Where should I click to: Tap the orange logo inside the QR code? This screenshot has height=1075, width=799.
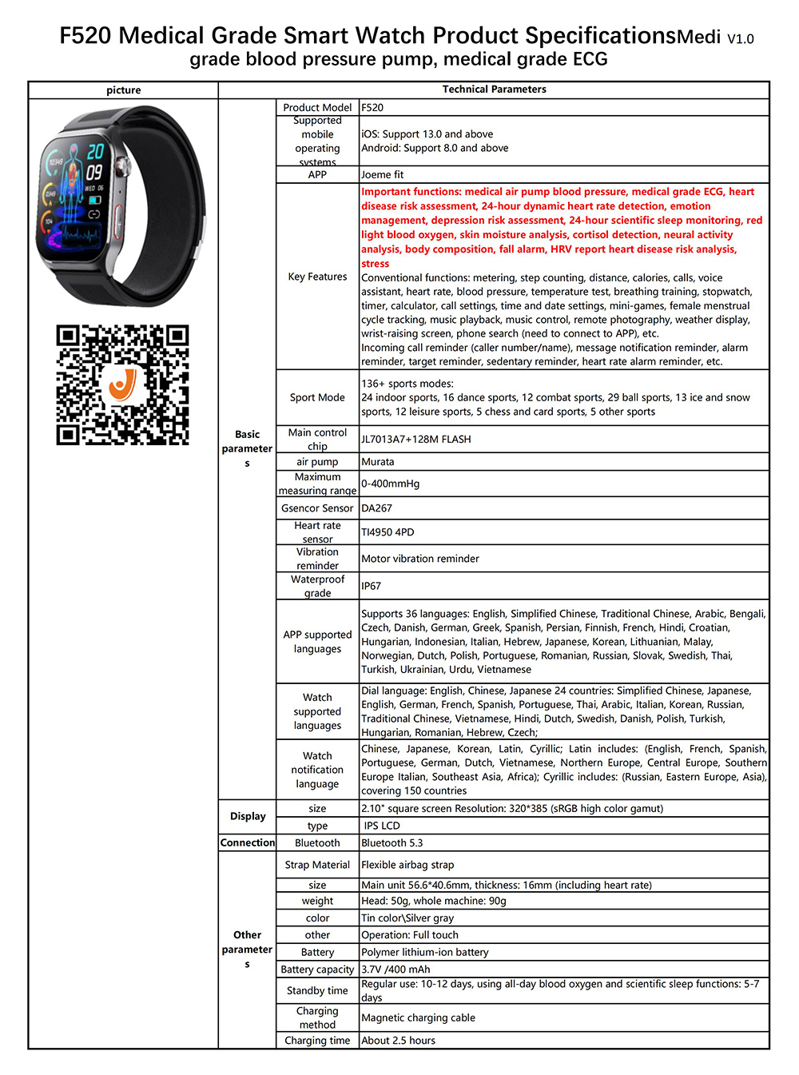click(121, 385)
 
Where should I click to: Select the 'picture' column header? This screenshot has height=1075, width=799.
click(123, 90)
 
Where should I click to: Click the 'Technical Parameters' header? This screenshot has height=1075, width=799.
click(494, 90)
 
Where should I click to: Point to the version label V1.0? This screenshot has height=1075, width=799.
click(740, 38)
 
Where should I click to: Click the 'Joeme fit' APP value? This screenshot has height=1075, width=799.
click(383, 174)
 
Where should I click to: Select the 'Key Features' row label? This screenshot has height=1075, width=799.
click(317, 277)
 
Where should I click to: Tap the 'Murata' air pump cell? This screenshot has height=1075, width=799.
click(378, 462)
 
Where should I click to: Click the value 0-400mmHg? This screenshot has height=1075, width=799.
click(390, 484)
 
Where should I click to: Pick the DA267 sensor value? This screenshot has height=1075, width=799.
click(376, 508)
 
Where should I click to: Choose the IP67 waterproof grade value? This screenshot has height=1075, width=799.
click(371, 586)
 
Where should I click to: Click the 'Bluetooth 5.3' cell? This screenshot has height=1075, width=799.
click(392, 842)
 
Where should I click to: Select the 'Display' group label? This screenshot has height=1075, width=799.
click(248, 816)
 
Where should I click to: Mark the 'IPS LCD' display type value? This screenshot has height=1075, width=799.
click(382, 826)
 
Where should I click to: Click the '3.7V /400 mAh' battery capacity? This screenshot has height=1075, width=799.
click(396, 969)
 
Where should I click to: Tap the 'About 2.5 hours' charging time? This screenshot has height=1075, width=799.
click(398, 1041)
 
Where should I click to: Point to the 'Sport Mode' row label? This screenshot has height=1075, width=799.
click(317, 397)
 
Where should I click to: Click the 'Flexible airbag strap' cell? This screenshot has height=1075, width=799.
click(407, 865)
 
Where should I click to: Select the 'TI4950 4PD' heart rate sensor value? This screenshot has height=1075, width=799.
click(388, 532)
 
